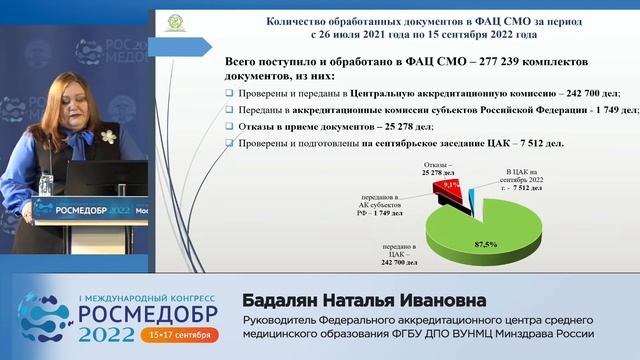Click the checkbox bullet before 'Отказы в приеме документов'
[x=231, y=127]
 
